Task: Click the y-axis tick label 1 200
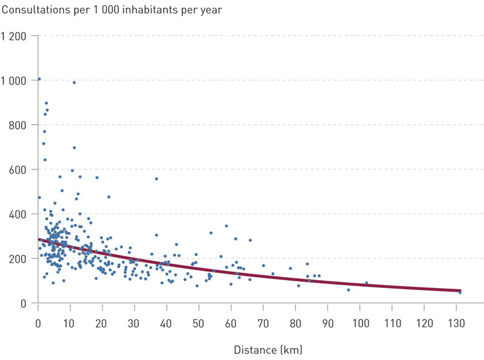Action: (13, 36)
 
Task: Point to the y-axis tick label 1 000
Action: (13, 80)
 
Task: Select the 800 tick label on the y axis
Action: (18, 125)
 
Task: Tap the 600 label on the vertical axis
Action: (18, 169)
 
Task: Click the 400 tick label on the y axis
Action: (18, 214)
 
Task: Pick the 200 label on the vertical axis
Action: (18, 259)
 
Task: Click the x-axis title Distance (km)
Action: (267, 350)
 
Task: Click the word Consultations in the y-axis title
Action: (32, 10)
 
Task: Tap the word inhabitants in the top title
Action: (150, 10)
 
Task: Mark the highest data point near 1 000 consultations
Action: (39, 79)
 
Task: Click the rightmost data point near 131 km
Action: (460, 292)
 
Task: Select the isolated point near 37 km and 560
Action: (156, 178)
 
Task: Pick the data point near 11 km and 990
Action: (74, 82)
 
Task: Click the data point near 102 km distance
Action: (366, 283)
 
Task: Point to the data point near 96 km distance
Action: (348, 290)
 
